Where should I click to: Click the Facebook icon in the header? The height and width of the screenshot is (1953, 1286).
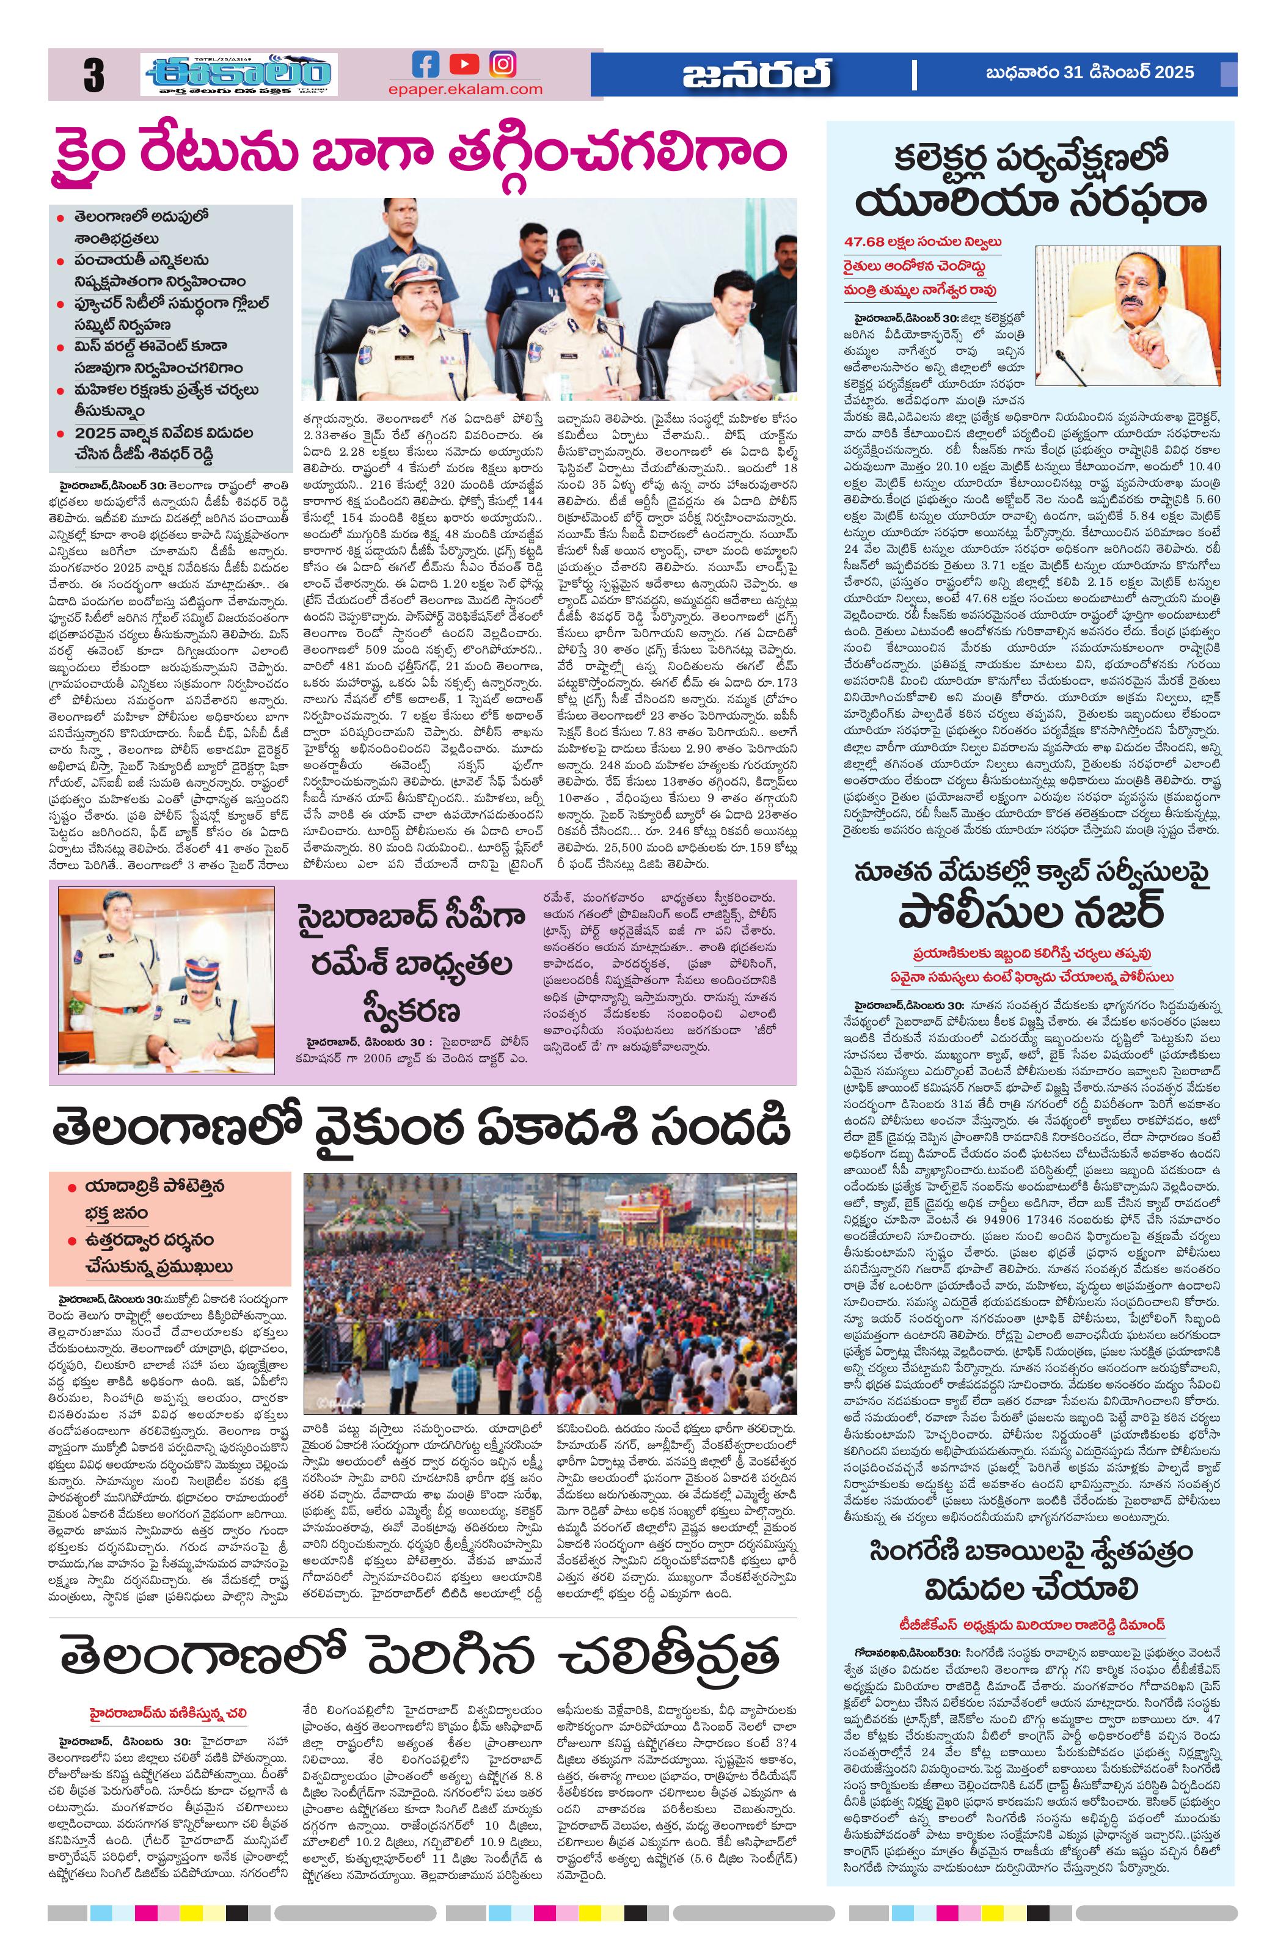[426, 64]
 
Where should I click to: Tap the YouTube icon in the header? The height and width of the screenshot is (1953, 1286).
[464, 64]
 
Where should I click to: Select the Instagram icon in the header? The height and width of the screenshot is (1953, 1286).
[503, 64]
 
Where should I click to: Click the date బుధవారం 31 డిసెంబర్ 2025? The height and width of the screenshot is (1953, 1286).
[1090, 73]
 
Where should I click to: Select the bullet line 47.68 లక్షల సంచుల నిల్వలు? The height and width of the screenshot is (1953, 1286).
[923, 243]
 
